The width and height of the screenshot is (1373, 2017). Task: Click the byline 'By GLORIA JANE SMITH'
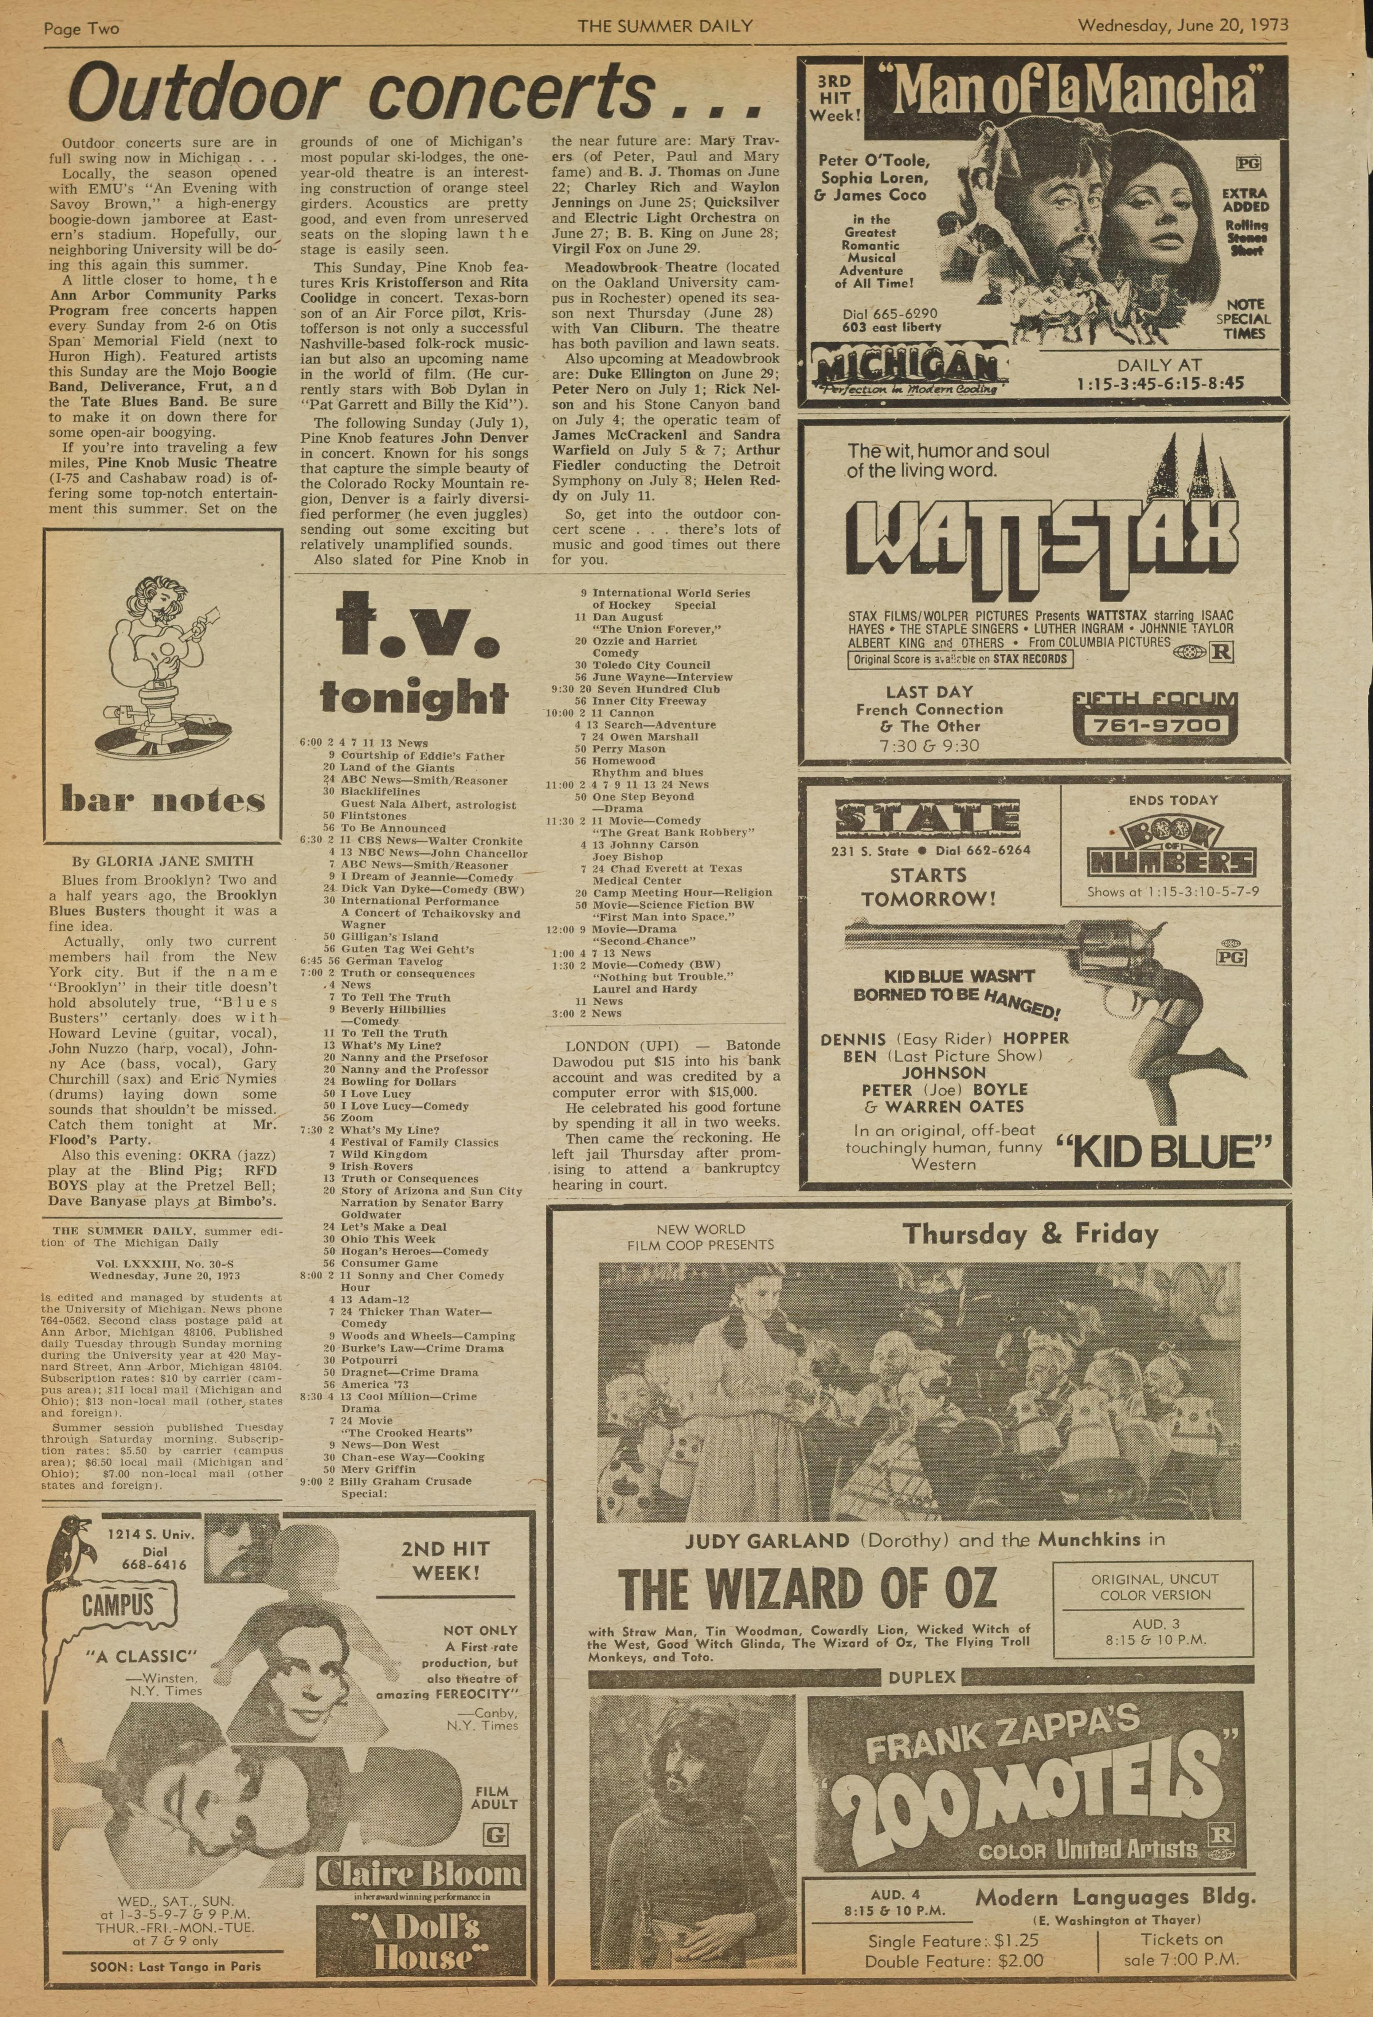coord(163,861)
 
